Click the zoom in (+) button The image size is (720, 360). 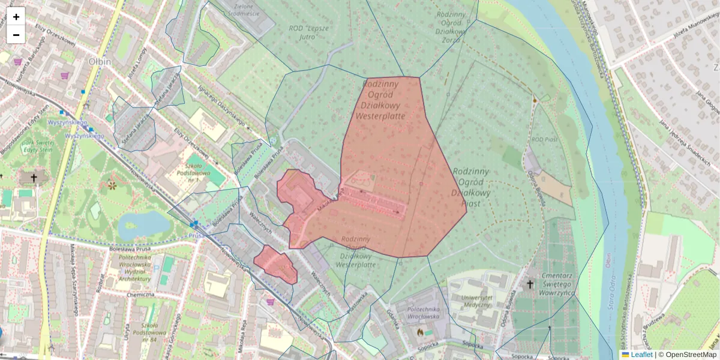tap(16, 16)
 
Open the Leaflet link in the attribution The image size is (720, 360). tap(641, 355)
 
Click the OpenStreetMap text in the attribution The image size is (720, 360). tap(691, 355)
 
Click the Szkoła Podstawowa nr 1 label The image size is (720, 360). tap(185, 172)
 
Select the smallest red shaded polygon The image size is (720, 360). tap(275, 264)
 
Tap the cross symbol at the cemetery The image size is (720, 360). tap(530, 284)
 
